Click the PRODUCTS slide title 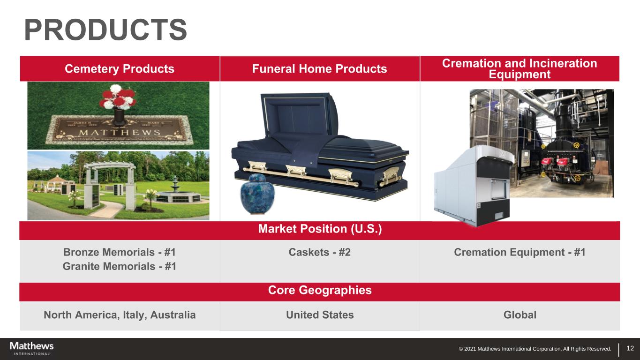(x=105, y=30)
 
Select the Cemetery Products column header (x=120, y=68)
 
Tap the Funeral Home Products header (x=319, y=68)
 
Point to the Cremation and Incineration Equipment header (x=520, y=68)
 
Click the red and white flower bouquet (x=118, y=97)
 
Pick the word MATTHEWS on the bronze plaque (x=120, y=132)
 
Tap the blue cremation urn (x=257, y=194)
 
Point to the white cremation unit (x=474, y=185)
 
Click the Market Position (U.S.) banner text (x=320, y=229)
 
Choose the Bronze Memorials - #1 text (x=120, y=252)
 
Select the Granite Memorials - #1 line (x=120, y=266)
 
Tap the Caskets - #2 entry (x=319, y=252)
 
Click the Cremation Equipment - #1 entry (x=520, y=252)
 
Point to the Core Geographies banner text (x=320, y=290)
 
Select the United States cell (x=320, y=315)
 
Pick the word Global (x=520, y=315)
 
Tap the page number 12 (x=630, y=348)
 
